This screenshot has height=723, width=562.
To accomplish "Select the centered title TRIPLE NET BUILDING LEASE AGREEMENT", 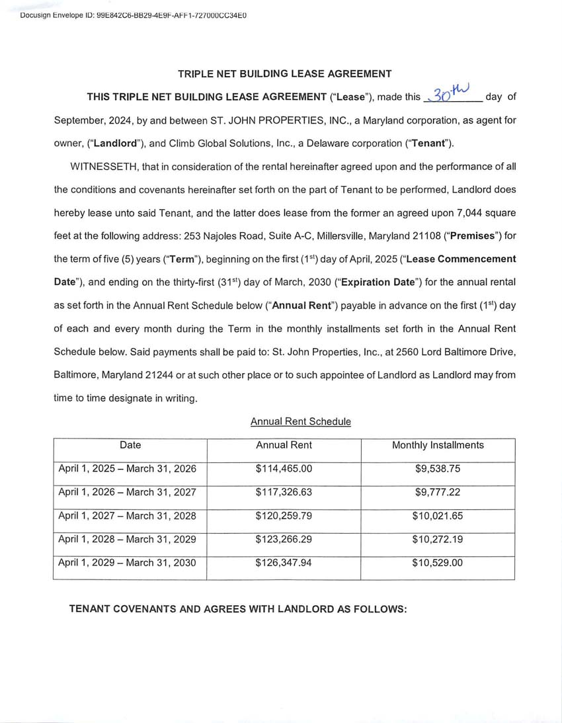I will (284, 74).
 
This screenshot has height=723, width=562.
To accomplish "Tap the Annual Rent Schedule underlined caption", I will (301, 421).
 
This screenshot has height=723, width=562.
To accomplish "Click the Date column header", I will (130, 445).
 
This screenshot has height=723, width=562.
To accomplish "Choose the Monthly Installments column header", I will (438, 445).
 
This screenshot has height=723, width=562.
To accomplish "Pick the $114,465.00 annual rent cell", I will (284, 469).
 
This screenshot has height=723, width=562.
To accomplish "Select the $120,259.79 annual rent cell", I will (284, 516).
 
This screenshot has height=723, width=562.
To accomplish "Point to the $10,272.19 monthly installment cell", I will (437, 539).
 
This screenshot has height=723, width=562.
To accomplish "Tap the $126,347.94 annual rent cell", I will (284, 563).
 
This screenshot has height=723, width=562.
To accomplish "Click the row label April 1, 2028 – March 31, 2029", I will (128, 539).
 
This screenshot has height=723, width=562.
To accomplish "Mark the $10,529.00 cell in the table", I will (437, 563).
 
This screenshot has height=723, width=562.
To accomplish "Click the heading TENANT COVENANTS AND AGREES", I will (238, 609).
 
